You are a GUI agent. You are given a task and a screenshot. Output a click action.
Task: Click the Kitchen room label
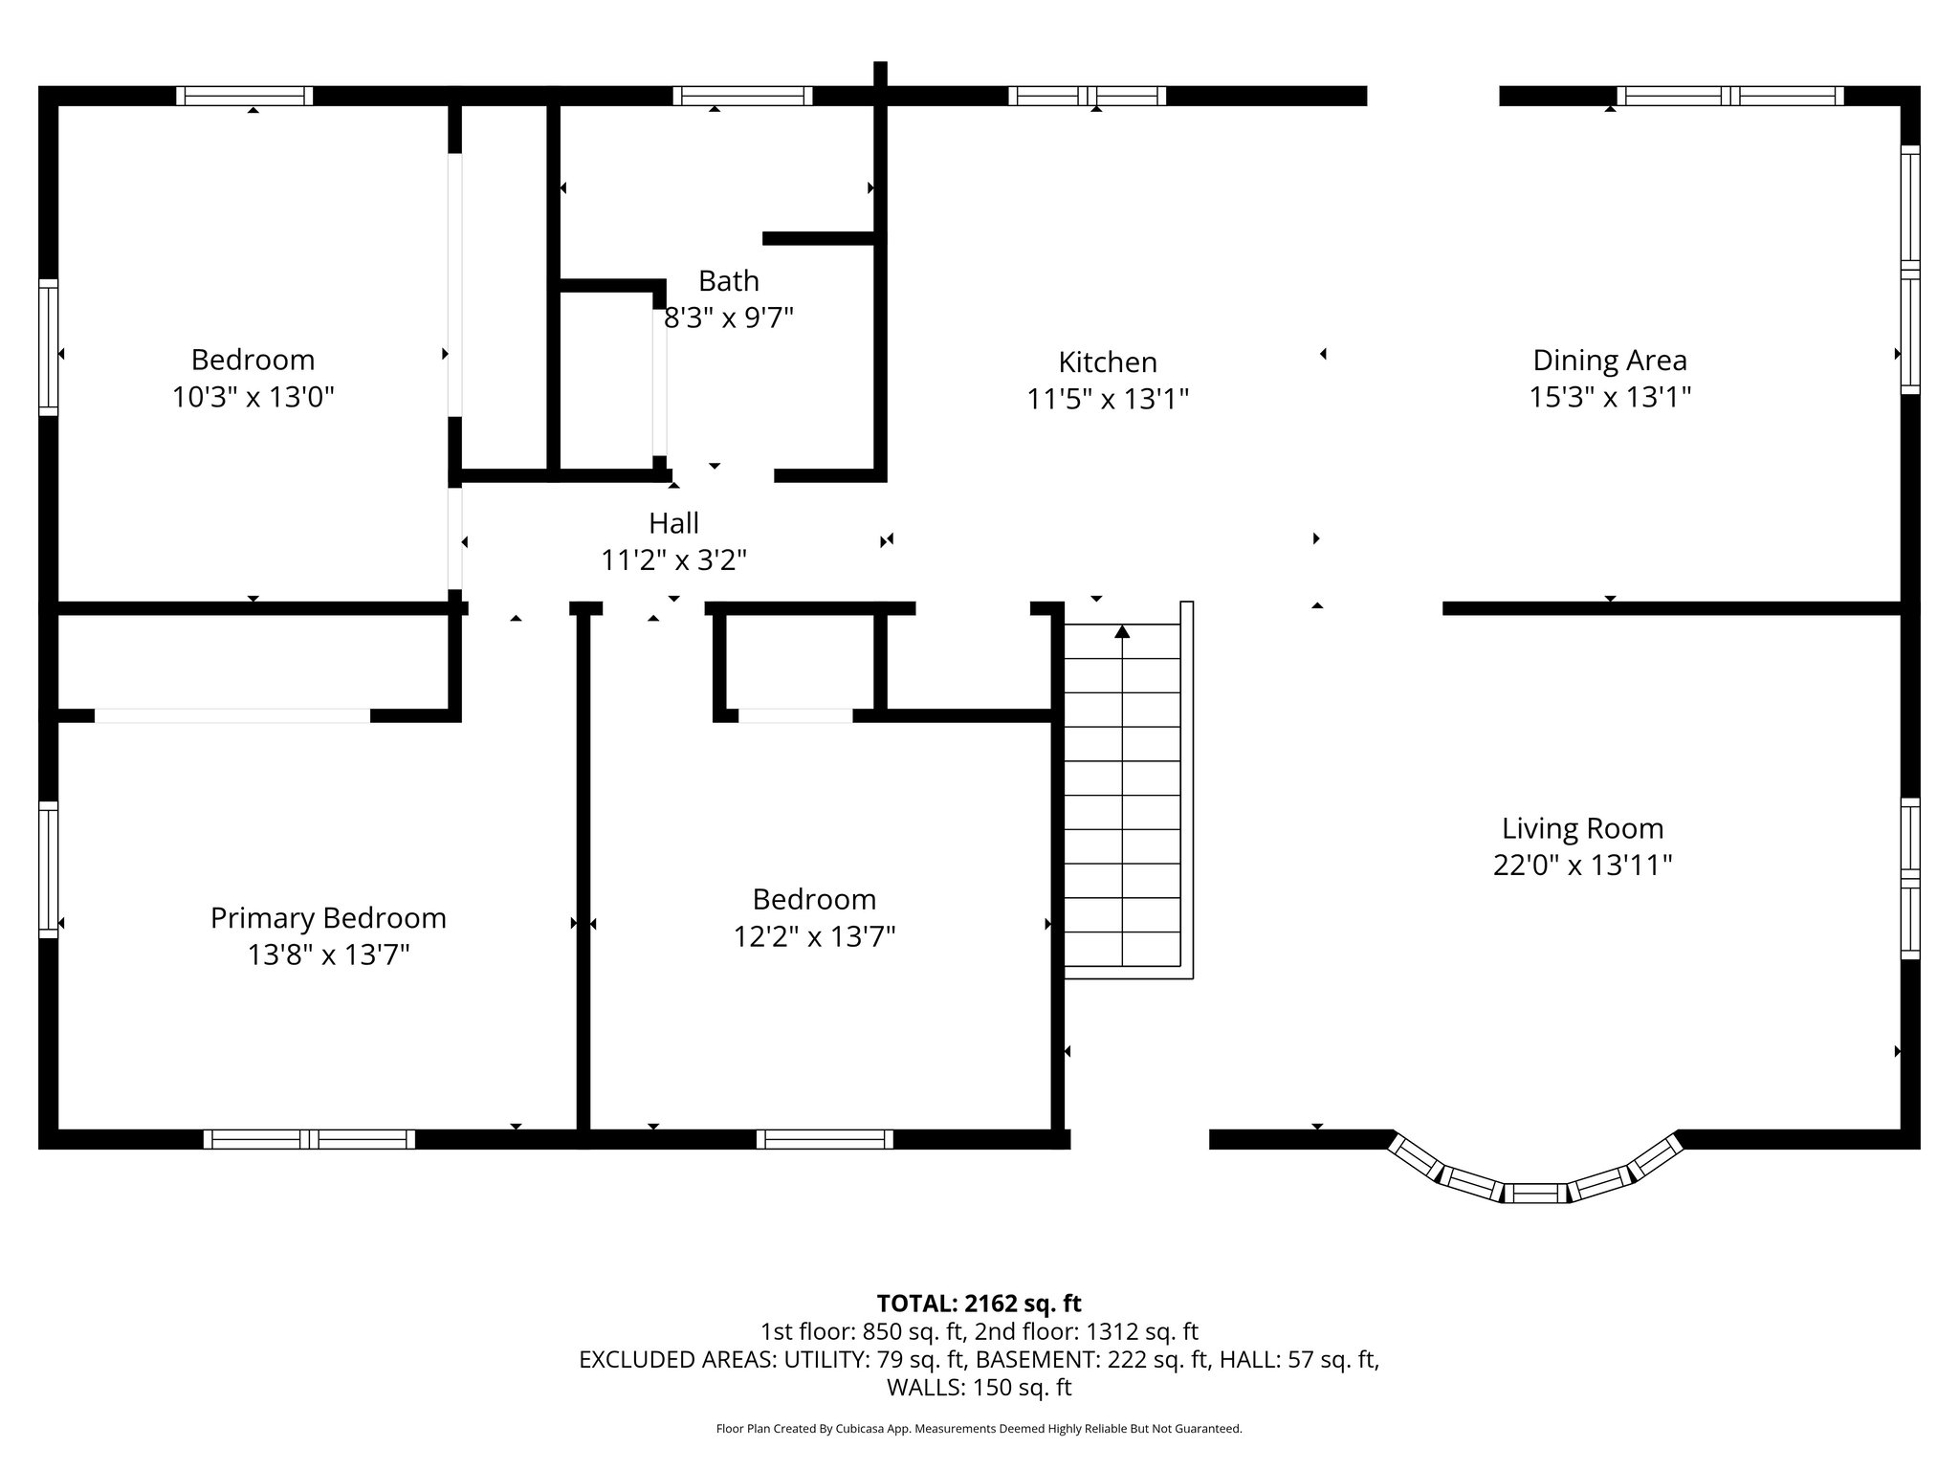tap(1108, 362)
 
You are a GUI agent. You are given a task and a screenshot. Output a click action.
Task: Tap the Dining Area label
tap(1610, 361)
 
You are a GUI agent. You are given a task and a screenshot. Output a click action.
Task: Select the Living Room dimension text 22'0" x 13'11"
tap(1582, 866)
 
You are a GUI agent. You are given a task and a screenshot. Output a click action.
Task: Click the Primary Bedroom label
tap(328, 918)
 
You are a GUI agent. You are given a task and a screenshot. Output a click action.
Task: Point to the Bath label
tap(729, 281)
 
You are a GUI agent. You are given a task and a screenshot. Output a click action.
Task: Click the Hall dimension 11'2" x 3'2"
tap(673, 560)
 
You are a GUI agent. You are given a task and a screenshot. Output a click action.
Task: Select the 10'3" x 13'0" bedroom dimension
tap(253, 397)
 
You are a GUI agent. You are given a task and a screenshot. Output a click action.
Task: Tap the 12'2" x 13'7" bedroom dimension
tap(814, 936)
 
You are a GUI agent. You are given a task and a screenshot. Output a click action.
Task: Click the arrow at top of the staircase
tap(1122, 631)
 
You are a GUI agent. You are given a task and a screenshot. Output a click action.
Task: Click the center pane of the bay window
tap(1535, 1193)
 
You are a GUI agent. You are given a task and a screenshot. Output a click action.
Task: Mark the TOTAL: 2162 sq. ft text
tap(979, 1304)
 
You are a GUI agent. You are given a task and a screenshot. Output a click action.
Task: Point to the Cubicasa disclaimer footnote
tap(979, 1429)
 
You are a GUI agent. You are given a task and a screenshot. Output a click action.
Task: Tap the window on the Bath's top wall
tap(742, 96)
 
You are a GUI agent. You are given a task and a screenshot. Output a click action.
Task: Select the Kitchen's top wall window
tap(1088, 96)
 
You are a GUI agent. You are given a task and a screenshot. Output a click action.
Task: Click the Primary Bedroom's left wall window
tap(48, 868)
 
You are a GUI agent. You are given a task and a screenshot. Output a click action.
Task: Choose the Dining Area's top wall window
tap(1730, 96)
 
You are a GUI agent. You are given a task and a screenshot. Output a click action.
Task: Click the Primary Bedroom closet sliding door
tap(232, 715)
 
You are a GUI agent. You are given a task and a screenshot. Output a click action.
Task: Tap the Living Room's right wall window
tap(1909, 878)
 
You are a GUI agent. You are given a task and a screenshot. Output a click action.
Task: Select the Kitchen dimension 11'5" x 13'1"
tap(1108, 399)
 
